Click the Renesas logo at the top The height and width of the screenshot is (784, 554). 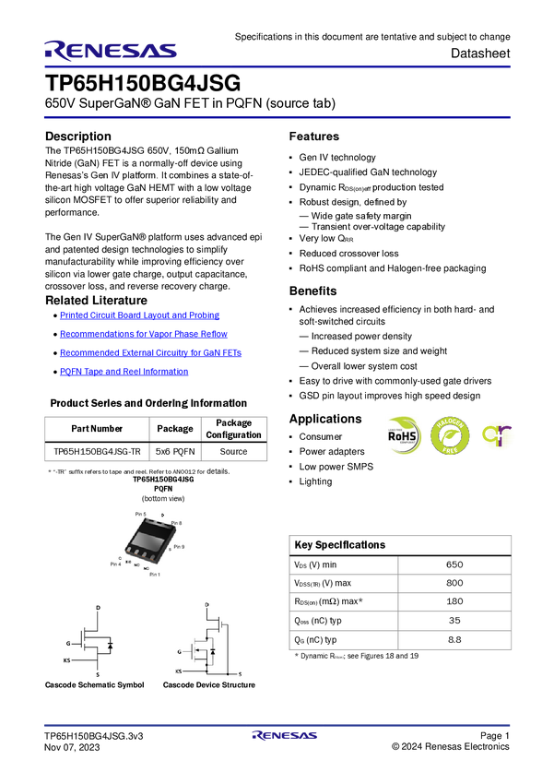click(111, 50)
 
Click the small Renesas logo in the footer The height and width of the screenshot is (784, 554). click(285, 736)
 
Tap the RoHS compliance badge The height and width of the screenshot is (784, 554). click(404, 435)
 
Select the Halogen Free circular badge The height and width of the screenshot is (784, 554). click(450, 435)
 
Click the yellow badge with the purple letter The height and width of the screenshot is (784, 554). click(499, 435)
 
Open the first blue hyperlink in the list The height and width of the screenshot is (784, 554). click(140, 315)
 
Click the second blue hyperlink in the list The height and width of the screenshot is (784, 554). click(143, 333)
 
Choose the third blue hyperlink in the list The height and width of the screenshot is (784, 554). click(150, 351)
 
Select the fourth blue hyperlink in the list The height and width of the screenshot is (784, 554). click(124, 371)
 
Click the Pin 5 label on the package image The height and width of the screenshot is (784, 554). click(140, 513)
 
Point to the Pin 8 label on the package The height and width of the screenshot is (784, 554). click(176, 523)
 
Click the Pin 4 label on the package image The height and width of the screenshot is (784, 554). click(116, 563)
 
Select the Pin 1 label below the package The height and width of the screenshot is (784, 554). click(154, 575)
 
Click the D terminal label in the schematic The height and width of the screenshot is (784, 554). click(206, 603)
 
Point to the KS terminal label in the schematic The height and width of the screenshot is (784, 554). click(178, 672)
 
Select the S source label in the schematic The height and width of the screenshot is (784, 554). click(240, 673)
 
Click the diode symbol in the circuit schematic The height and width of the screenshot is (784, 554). click(213, 650)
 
